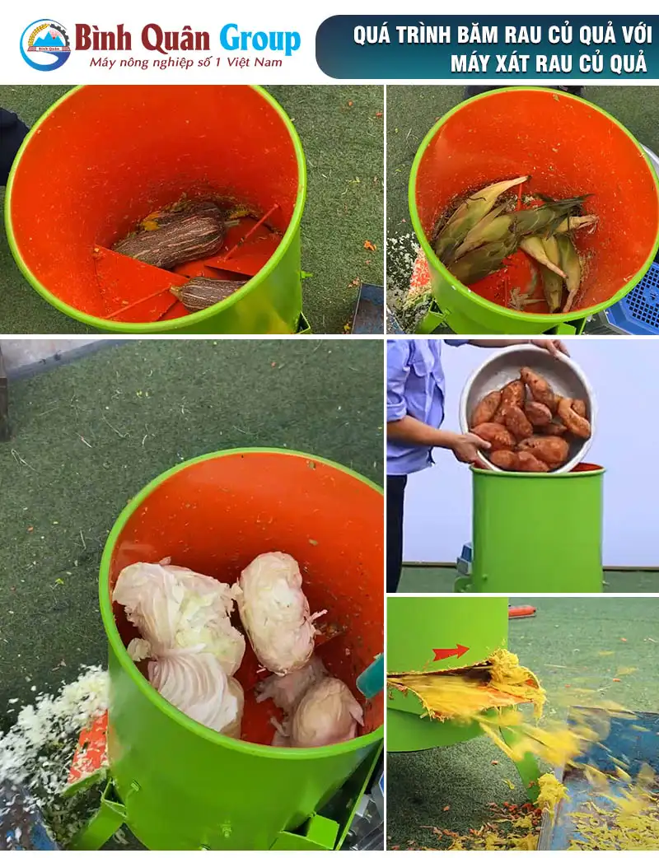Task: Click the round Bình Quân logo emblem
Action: click(x=44, y=44)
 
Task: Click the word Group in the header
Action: click(x=260, y=40)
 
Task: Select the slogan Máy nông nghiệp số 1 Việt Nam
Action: click(x=186, y=63)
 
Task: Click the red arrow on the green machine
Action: click(x=451, y=652)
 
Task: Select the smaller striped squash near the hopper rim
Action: click(x=207, y=293)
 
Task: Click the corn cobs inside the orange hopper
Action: click(x=512, y=238)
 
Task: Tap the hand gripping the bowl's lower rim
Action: click(x=470, y=447)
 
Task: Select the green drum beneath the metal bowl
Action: click(x=536, y=528)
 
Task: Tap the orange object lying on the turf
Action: click(x=523, y=611)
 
